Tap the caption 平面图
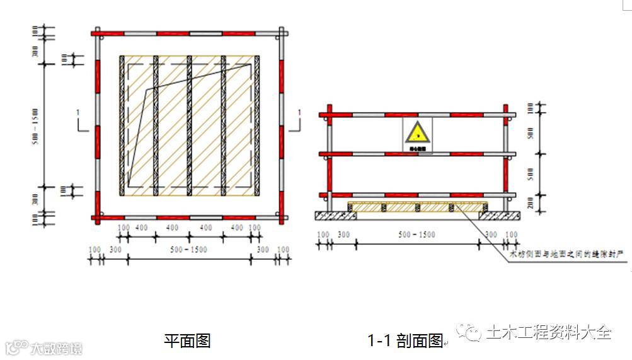[x=187, y=341]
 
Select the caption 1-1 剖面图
[x=406, y=341]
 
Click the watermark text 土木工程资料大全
[x=549, y=332]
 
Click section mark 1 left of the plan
[x=78, y=112]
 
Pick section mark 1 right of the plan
[x=299, y=112]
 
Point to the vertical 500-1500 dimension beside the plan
[x=36, y=124]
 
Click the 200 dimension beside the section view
[x=530, y=203]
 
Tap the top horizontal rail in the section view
[x=417, y=115]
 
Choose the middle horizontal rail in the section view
[x=417, y=154]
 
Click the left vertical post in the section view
[x=328, y=158]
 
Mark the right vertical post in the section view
[x=506, y=158]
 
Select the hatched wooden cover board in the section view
[x=417, y=207]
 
